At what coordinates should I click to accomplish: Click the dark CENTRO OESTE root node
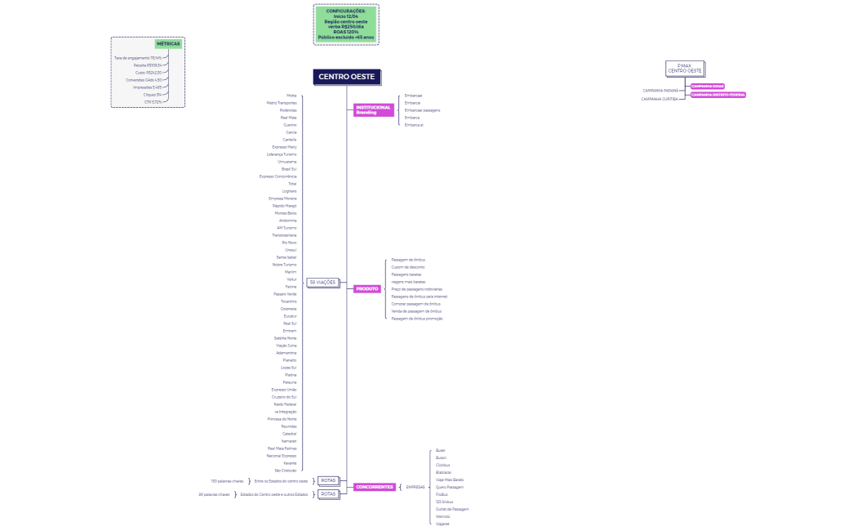[347, 77]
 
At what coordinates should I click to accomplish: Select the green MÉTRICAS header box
[168, 44]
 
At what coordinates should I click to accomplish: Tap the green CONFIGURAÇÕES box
[346, 25]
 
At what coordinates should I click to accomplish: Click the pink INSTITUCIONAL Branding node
[373, 109]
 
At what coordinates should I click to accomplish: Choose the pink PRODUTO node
[367, 288]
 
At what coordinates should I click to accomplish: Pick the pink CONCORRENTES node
[375, 487]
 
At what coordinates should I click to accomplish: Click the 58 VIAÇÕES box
[322, 282]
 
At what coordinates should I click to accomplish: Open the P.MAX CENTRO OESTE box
[684, 69]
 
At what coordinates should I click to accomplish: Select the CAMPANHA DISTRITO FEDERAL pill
[718, 95]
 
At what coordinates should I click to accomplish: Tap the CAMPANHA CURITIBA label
[659, 99]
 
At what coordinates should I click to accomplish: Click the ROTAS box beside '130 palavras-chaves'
[328, 480]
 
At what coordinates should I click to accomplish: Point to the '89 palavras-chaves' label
[214, 494]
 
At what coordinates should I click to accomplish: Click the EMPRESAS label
[415, 487]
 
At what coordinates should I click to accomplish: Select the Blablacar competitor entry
[443, 472]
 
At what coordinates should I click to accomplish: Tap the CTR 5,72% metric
[153, 101]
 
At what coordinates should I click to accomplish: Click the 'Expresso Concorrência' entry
[278, 176]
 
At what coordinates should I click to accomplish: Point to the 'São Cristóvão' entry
[286, 471]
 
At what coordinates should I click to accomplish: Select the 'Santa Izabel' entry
[286, 257]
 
